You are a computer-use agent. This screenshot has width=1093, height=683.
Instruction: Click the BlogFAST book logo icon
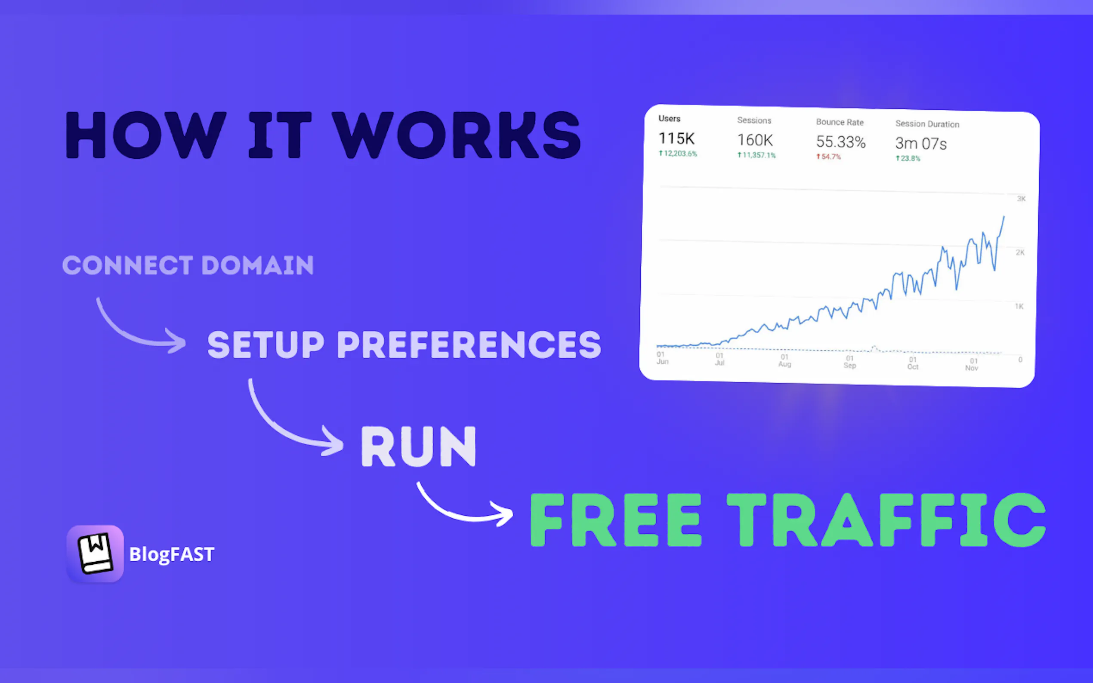click(95, 554)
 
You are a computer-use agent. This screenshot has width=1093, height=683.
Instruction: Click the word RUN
click(418, 446)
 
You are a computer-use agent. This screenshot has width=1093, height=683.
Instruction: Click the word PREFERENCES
click(469, 344)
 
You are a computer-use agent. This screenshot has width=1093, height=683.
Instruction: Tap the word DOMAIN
click(258, 265)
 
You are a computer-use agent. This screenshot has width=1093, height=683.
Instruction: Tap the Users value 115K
click(676, 138)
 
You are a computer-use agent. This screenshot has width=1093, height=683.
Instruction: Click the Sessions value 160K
click(755, 140)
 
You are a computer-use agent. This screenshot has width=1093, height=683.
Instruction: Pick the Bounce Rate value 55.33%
click(841, 142)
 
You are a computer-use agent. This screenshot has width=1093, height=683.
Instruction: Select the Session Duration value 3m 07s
click(921, 144)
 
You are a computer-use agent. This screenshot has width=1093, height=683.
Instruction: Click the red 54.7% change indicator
click(828, 157)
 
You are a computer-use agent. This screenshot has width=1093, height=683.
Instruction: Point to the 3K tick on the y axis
click(1021, 199)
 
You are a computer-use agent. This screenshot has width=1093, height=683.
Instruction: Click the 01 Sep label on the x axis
click(850, 362)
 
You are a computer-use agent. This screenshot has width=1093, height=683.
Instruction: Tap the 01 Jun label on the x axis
click(662, 358)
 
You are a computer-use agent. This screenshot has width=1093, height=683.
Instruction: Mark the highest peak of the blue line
click(1004, 217)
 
